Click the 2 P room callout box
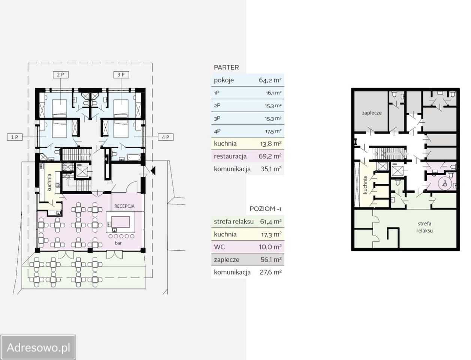(61, 75)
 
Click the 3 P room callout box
(121, 75)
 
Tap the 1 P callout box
(15, 137)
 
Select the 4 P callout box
(166, 137)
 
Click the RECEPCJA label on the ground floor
(124, 206)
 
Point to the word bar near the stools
(118, 243)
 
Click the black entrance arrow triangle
(153, 171)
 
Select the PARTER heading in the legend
(226, 67)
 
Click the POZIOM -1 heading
(265, 208)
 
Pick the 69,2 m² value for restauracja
(270, 156)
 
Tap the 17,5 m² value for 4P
(273, 131)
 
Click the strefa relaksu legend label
(234, 222)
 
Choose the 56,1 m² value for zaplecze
(271, 260)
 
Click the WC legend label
(219, 247)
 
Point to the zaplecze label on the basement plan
(372, 113)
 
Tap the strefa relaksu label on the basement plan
(425, 227)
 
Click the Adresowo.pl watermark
(39, 347)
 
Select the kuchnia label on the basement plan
(365, 185)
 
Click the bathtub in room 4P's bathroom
(134, 157)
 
